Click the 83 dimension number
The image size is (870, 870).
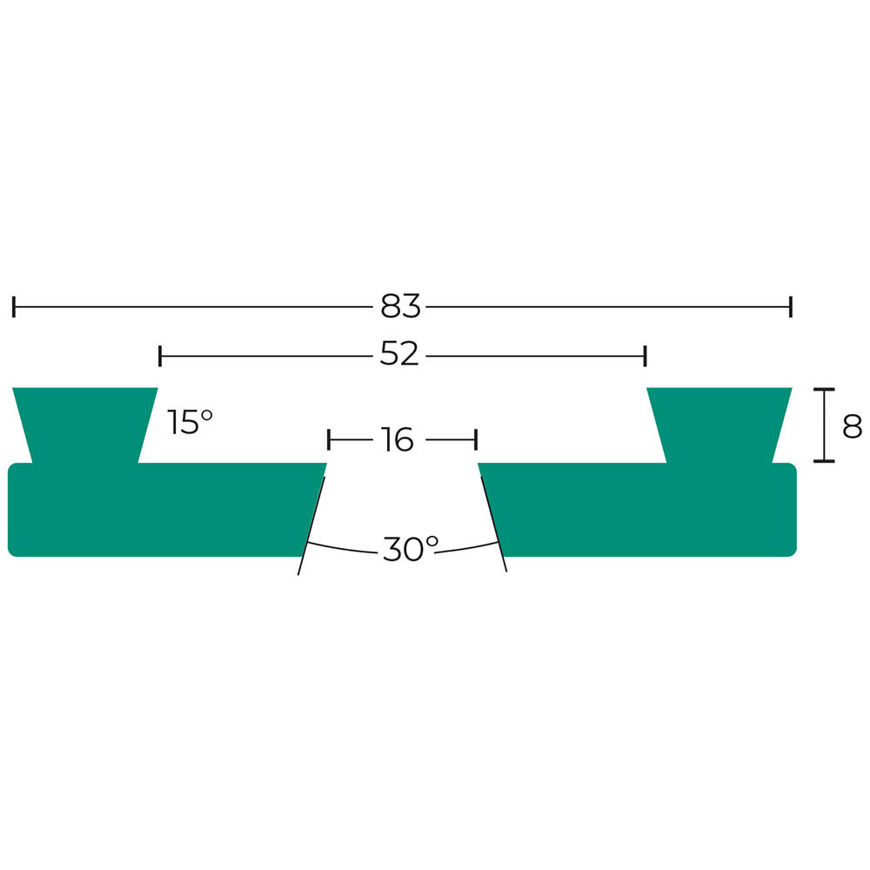pyautogui.click(x=400, y=306)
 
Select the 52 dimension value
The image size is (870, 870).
pyautogui.click(x=399, y=354)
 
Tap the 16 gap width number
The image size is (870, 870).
pyautogui.click(x=398, y=440)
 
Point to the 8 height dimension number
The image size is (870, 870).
pyautogui.click(x=852, y=426)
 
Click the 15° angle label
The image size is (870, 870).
pyautogui.click(x=190, y=422)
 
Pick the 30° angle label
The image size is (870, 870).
pyautogui.click(x=410, y=549)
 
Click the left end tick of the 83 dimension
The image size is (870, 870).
pyautogui.click(x=14, y=307)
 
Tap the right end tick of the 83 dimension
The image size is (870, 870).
pyautogui.click(x=791, y=307)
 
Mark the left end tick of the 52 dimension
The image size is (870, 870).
pyautogui.click(x=160, y=356)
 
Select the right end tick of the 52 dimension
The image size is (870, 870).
pyautogui.click(x=645, y=356)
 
